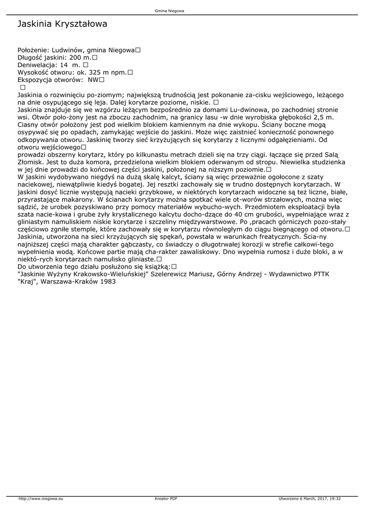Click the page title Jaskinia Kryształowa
click(62, 24)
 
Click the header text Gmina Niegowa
click(169, 10)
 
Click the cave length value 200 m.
click(79, 58)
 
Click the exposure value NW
click(94, 80)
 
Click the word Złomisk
click(31, 162)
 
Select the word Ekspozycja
click(36, 80)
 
